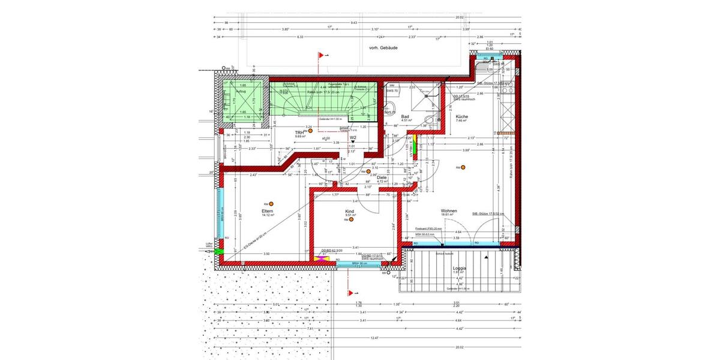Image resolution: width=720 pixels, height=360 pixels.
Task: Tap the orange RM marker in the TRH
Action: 311,130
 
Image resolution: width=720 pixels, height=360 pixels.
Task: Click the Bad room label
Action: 406,116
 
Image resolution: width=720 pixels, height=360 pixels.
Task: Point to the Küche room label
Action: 461,116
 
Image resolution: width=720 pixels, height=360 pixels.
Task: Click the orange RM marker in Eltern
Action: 271,204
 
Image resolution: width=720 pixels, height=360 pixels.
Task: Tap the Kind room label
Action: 350,211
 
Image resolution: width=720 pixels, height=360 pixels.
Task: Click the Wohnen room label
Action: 449,211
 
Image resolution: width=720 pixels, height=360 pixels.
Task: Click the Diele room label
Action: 382,177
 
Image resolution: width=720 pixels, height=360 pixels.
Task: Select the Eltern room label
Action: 268,211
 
